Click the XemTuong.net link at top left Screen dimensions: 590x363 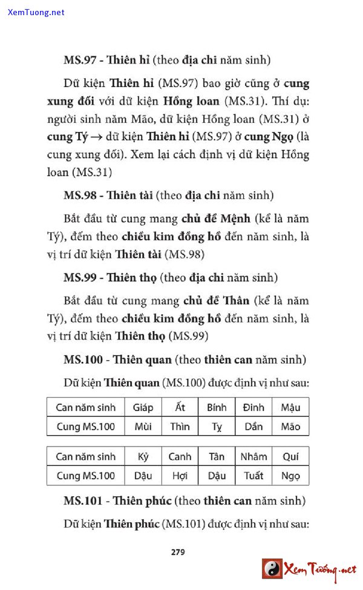36,12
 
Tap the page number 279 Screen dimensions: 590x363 178,551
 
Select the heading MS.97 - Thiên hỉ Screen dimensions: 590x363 106,60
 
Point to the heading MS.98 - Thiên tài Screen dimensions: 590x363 108,195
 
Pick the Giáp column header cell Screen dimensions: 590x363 143,407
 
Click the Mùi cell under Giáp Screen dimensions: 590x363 143,427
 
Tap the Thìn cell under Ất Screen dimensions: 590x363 180,427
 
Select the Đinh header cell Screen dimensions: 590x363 253,407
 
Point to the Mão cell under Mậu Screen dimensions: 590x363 290,427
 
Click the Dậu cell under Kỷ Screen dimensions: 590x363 143,476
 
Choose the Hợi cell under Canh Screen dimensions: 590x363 180,476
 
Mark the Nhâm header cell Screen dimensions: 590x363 253,456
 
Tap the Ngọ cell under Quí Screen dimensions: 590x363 290,476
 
